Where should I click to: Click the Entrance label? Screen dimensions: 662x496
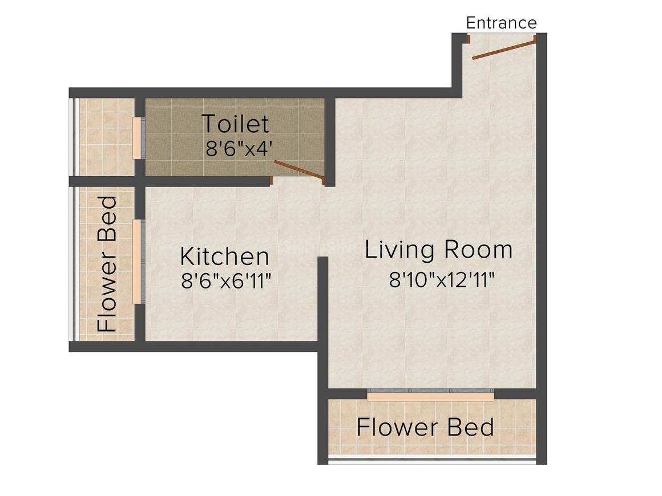501,23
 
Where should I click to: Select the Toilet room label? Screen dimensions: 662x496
235,124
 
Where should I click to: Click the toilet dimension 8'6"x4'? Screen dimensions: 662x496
239,149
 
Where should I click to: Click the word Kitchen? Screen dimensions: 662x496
225,257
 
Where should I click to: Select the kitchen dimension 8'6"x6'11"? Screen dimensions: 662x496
227,281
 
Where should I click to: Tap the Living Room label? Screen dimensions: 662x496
439,249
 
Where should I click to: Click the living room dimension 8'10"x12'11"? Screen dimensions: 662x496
442,279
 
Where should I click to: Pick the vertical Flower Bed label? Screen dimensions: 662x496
107,263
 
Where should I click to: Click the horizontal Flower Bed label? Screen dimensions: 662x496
425,427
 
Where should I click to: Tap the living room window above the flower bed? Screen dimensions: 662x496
431,395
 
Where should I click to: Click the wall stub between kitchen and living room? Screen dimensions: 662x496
323,302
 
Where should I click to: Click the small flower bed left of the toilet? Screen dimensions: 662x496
107,137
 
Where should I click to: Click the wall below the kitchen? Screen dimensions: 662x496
193,347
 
